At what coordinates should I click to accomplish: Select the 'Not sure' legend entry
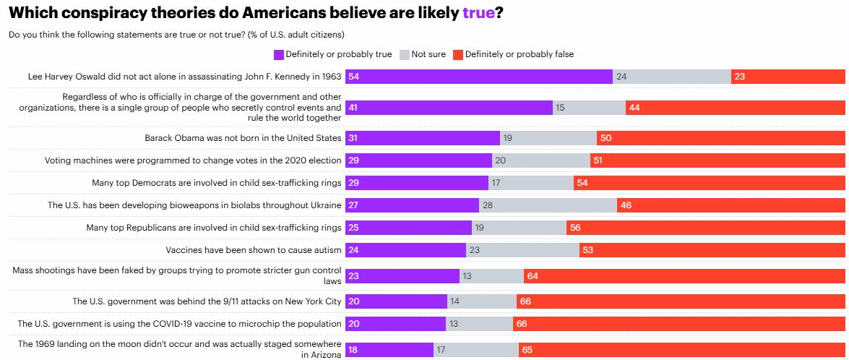428,54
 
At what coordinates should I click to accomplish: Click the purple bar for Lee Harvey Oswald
479,77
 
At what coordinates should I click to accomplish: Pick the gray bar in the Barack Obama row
548,138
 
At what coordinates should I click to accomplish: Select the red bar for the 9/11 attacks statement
681,301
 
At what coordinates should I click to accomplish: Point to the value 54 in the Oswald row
353,77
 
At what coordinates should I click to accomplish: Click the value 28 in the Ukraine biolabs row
488,206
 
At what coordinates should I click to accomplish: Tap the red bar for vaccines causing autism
712,251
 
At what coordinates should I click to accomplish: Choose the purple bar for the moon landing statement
389,350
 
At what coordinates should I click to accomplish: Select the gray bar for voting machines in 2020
541,160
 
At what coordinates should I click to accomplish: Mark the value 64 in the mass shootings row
533,276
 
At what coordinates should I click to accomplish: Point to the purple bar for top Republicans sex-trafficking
408,228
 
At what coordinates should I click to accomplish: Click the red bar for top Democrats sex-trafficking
710,184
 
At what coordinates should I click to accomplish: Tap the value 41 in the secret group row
353,108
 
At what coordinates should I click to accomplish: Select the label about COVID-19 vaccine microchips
179,324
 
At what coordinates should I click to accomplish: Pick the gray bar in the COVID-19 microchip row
479,324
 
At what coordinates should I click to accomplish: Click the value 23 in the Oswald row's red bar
738,77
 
